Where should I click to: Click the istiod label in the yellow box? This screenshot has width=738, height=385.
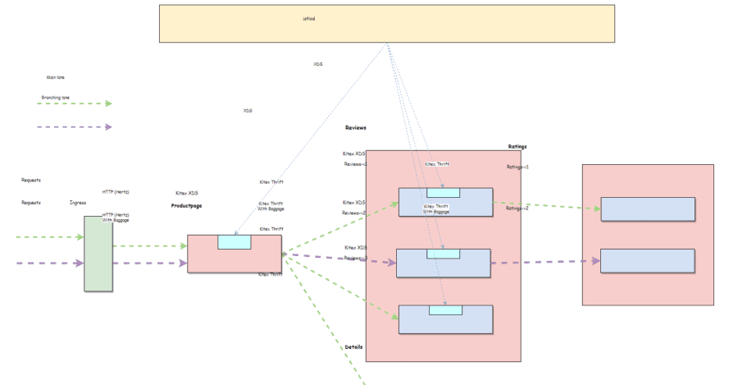coord(308,18)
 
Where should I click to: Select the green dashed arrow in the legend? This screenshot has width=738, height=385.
coord(75,103)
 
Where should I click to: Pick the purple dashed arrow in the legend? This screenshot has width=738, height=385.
coord(75,127)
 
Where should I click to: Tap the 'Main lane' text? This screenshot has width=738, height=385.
coord(56,78)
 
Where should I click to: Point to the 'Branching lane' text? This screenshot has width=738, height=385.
coord(56,98)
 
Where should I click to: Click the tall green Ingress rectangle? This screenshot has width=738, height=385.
coord(98,253)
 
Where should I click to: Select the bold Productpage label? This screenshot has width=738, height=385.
coord(186,206)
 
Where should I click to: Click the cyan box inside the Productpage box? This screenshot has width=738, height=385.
coord(234,241)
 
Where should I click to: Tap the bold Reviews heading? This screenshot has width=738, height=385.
coord(355,128)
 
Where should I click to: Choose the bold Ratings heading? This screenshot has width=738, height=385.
coord(517,147)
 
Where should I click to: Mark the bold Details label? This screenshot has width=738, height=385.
coord(353,347)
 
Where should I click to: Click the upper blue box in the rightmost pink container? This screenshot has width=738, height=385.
coord(647,209)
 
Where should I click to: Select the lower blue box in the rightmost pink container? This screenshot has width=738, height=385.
coord(647,261)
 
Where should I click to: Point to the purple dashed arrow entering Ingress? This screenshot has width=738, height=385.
coord(49,264)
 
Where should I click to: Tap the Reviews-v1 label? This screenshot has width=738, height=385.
coord(355,164)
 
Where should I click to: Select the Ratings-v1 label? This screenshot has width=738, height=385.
coord(517,167)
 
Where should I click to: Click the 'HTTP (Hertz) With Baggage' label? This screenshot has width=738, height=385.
coord(116,218)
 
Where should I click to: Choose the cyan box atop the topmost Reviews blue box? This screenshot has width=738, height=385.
coord(443,193)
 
